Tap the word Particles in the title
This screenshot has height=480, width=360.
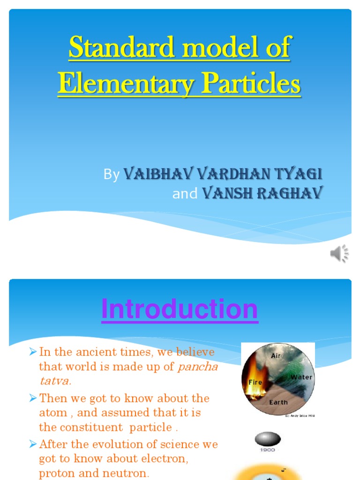254,84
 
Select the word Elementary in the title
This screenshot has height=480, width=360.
126,84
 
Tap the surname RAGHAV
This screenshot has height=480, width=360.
289,193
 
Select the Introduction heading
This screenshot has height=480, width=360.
180,309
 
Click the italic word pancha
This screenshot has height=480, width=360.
198,367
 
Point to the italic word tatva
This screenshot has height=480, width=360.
55,381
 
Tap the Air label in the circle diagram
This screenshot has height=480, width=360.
276,356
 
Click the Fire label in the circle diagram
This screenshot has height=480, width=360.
255,382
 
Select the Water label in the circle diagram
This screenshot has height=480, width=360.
301,377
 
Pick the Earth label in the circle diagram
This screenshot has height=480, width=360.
278,402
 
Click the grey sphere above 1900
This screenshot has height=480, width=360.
268,439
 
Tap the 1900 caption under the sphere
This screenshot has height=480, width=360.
268,450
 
